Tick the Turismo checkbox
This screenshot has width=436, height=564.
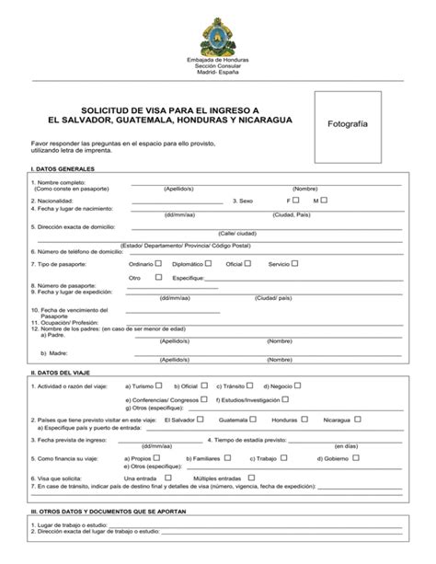point(158,386)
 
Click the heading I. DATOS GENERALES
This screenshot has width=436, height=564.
point(62,171)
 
